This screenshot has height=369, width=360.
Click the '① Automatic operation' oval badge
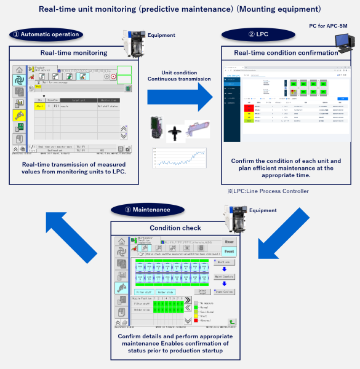coord(47,34)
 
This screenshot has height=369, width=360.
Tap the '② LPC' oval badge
coord(250,34)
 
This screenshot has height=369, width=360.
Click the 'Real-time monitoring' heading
coord(73,53)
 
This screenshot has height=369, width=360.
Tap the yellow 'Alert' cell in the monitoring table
coord(40,106)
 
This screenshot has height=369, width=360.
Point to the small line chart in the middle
coord(178,158)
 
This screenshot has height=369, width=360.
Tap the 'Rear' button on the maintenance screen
coord(228,242)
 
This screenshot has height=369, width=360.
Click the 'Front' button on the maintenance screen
coord(228,252)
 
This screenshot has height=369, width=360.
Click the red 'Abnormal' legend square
coord(196,319)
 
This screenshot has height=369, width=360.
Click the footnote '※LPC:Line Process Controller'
coord(268,191)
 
